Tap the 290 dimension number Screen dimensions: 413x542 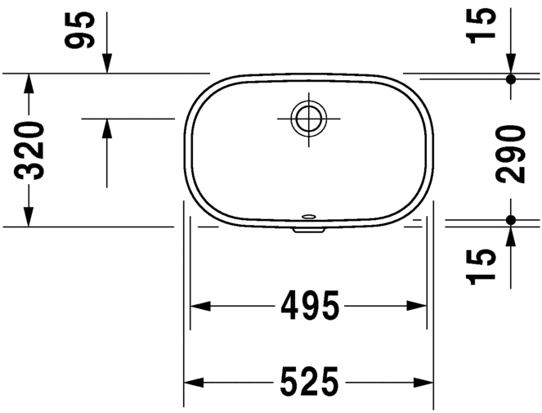coord(512,154)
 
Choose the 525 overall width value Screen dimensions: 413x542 coord(309,381)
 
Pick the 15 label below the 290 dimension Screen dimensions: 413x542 coord(485,268)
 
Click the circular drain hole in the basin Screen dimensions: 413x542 coord(308,118)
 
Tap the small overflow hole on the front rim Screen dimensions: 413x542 coord(310,218)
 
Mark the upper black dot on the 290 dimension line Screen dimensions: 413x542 coord(511,79)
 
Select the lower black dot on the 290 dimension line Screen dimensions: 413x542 coord(511,220)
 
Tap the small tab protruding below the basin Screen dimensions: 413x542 coord(308,230)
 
